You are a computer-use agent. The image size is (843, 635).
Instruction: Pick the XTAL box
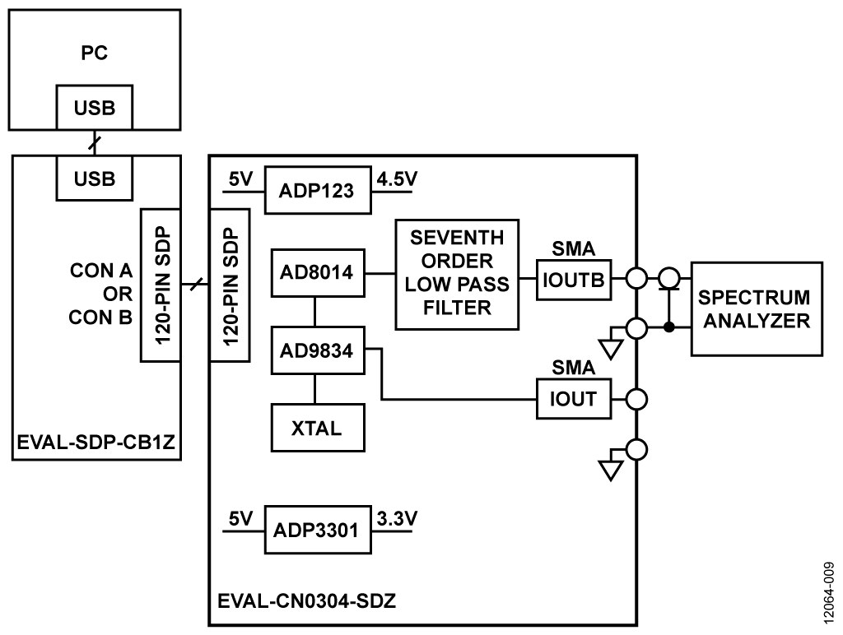click(x=317, y=427)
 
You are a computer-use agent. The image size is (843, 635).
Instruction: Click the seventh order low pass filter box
click(x=457, y=275)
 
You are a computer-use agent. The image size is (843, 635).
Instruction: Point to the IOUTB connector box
click(x=573, y=279)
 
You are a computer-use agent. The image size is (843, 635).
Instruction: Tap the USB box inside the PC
click(x=95, y=108)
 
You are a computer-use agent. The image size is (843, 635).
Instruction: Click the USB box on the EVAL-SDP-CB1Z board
click(x=95, y=178)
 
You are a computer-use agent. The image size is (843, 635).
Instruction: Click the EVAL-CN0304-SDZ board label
click(x=307, y=600)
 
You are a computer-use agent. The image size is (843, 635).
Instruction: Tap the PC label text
click(x=95, y=53)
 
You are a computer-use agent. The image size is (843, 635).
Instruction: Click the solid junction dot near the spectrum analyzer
click(x=670, y=328)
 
